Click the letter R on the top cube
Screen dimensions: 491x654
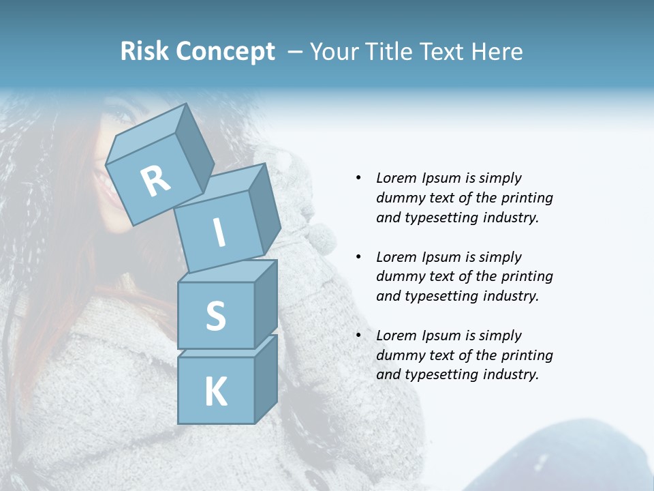click(155, 181)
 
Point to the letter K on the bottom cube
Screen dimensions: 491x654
click(215, 392)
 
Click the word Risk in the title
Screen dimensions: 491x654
click(144, 51)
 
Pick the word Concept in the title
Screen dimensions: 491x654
click(225, 52)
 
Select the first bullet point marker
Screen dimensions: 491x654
click(358, 178)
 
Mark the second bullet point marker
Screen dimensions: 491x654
click(358, 257)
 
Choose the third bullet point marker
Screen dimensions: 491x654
click(358, 336)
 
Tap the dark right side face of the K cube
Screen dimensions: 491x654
click(266, 378)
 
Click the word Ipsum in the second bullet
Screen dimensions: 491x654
click(443, 257)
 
